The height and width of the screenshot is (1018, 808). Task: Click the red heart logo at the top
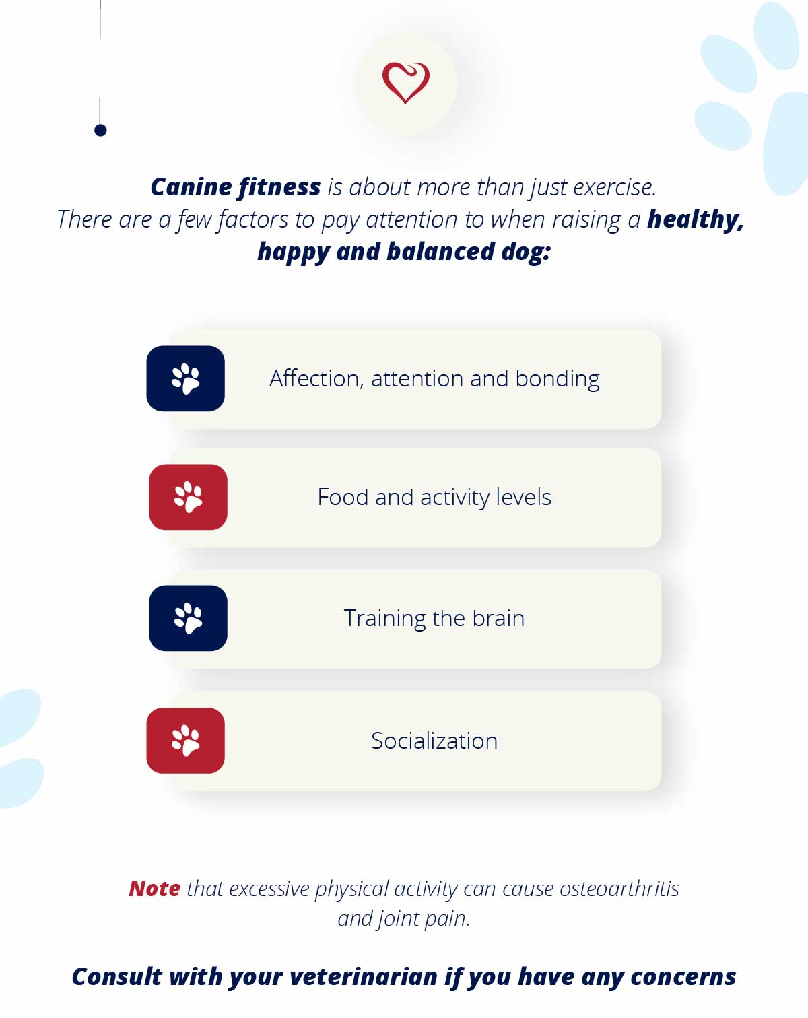point(406,83)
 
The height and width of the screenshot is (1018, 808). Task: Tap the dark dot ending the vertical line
point(100,130)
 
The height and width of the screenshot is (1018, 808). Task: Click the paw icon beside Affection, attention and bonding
point(185,378)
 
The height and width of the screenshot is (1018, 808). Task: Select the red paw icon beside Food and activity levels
point(189,497)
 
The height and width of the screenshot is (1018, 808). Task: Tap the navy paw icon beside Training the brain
point(189,618)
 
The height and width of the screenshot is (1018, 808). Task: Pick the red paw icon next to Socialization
point(185,741)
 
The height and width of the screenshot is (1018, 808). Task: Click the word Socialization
point(434,741)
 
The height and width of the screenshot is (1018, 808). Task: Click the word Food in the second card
point(343,497)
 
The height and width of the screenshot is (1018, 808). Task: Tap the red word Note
point(155,888)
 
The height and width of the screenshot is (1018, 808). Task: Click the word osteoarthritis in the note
point(619,889)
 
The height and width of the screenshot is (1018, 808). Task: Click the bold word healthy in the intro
point(696,219)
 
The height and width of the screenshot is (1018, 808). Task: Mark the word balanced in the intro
point(440,251)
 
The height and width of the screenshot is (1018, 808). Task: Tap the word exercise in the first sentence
point(615,187)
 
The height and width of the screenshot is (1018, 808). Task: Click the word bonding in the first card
point(558,379)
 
